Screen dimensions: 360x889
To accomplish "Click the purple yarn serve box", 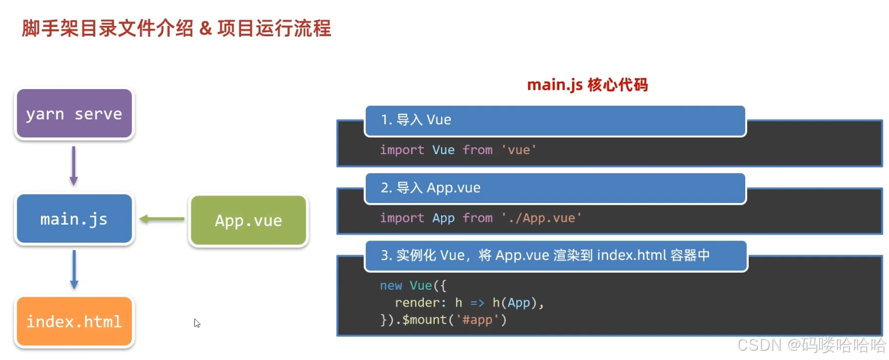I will [74, 113].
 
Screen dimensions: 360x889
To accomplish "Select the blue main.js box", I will [74, 219].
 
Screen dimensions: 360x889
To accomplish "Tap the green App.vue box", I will [248, 221].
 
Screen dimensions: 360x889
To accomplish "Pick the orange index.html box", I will [74, 321].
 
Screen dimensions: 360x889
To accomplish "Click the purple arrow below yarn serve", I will [74, 166].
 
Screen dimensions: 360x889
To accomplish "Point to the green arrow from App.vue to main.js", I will [162, 219].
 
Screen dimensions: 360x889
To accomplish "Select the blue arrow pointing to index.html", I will [74, 269].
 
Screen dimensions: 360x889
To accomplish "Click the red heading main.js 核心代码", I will [587, 85].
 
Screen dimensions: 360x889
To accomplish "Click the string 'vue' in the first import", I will [519, 150].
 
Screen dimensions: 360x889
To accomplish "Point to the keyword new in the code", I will [391, 286].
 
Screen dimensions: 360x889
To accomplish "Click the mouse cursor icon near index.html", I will [197, 323].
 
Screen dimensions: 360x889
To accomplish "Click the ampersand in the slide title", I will [205, 29].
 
